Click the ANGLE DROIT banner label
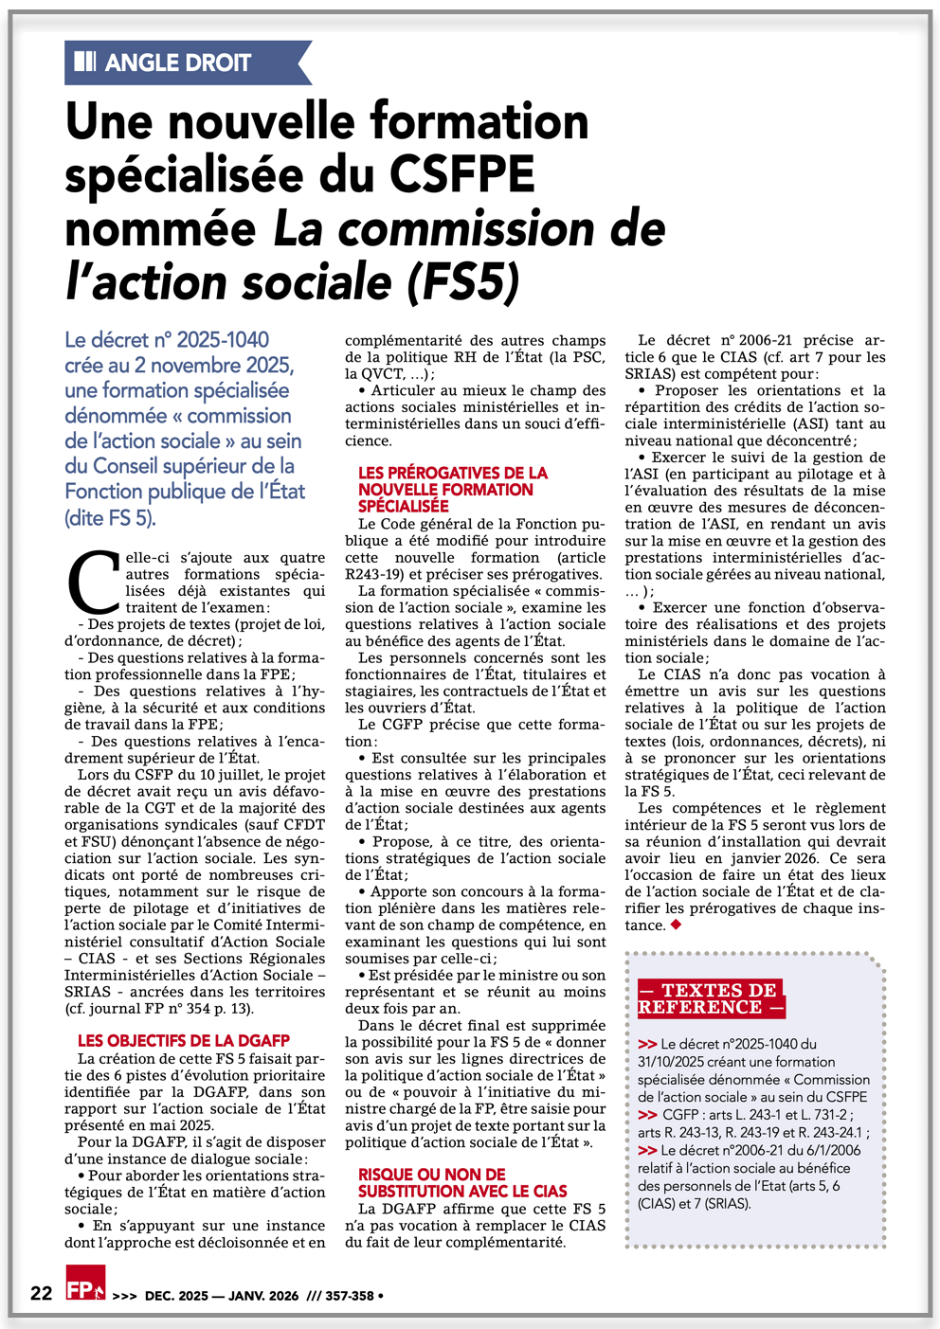tap(177, 63)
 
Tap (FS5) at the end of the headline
tap(464, 283)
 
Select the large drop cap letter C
tap(93, 584)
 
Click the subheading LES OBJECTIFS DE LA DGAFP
tap(184, 1041)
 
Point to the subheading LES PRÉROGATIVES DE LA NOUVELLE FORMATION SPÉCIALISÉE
tap(452, 489)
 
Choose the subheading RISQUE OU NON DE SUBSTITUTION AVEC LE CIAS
tap(462, 1183)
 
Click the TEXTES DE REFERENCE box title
tap(710, 999)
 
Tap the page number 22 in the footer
tap(41, 1293)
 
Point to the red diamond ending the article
tap(677, 925)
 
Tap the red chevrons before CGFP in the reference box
tap(648, 1115)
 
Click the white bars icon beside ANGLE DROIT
tap(85, 63)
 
